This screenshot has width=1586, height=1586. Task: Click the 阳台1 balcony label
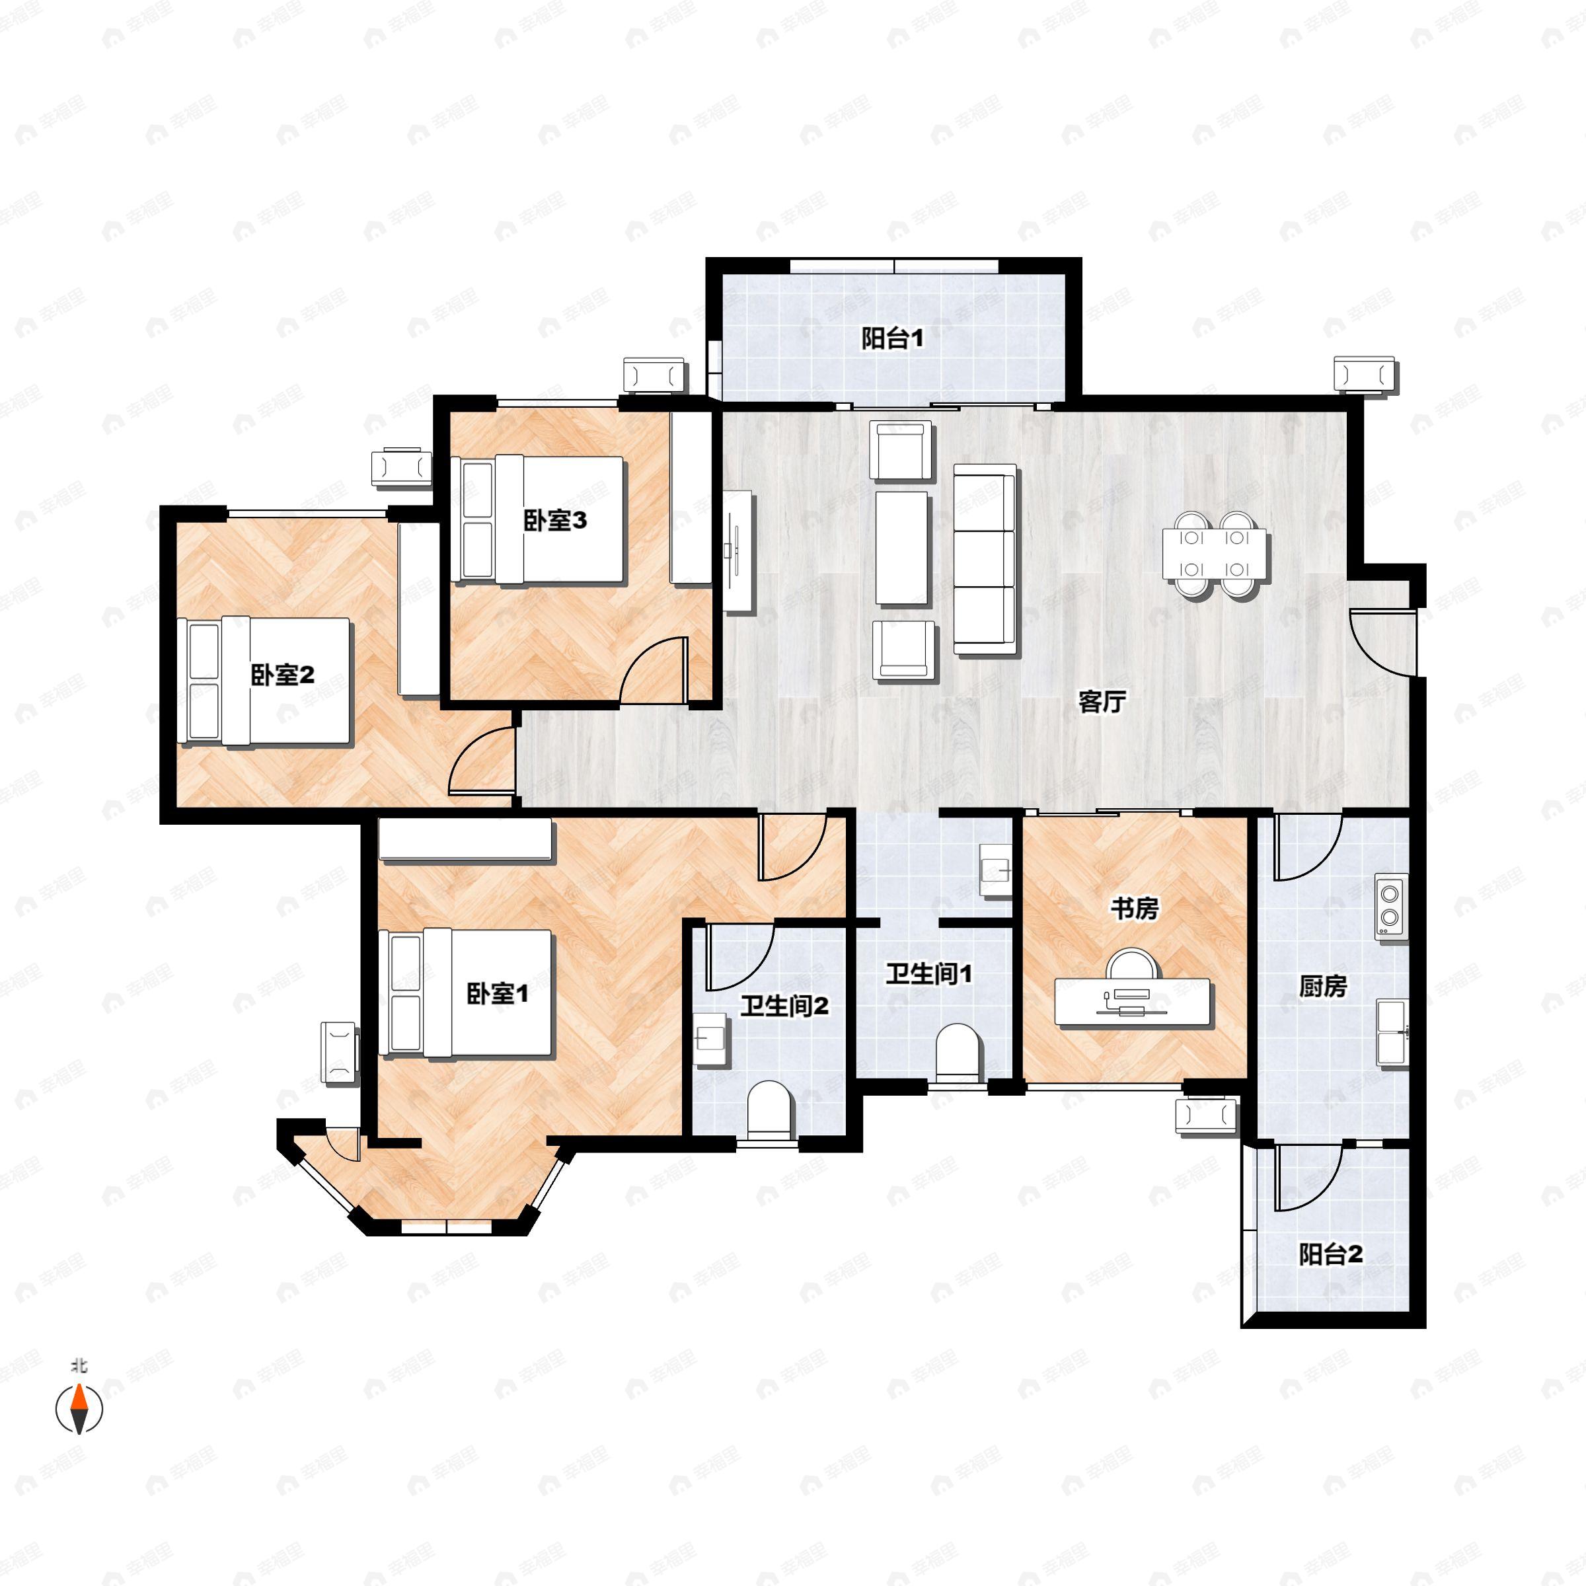pos(892,338)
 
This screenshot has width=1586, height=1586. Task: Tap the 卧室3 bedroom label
pos(555,521)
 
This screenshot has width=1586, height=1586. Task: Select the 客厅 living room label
pos(1102,702)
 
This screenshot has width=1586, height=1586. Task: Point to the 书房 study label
pos(1135,909)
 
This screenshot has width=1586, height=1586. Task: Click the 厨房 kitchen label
pos(1322,986)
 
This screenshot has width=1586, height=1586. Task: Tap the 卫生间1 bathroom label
pos(928,975)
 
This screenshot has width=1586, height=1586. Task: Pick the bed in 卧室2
pos(266,681)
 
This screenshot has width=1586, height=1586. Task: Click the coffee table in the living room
pos(901,548)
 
